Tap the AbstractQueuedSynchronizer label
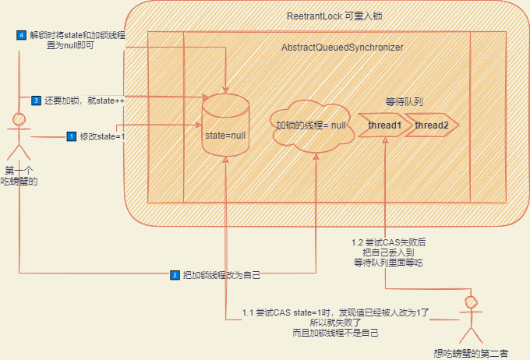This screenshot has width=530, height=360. tap(342, 48)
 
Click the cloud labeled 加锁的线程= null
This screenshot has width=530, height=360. tap(310, 125)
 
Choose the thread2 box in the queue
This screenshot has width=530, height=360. tap(431, 125)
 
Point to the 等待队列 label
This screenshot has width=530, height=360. tap(404, 102)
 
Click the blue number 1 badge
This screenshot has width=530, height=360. tap(72, 136)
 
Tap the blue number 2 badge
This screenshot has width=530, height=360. tap(175, 274)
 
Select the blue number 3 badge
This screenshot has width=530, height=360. tap(36, 101)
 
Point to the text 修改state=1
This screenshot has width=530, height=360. tap(102, 136)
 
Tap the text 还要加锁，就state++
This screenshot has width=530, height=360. tap(86, 101)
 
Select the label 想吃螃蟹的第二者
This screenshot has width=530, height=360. tap(470, 351)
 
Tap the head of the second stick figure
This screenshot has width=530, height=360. tap(470, 300)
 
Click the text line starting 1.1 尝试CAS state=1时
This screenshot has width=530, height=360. tap(336, 312)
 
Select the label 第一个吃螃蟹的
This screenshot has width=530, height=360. tap(19, 176)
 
